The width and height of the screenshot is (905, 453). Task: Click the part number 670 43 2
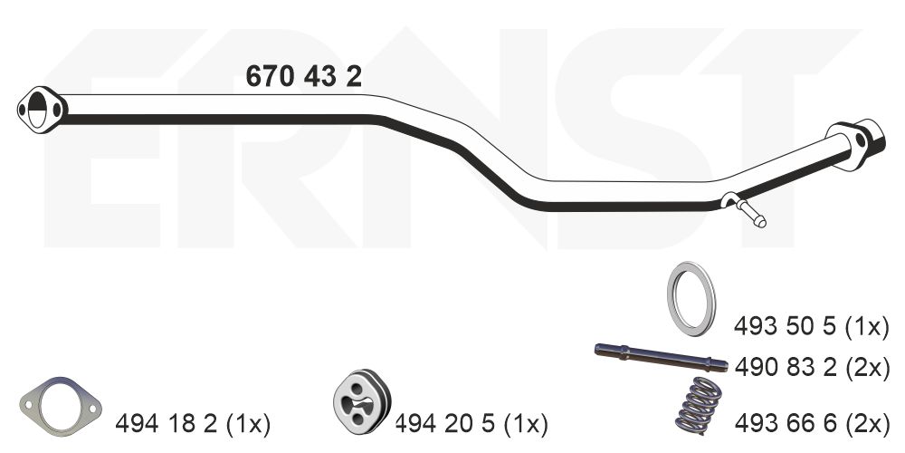click(303, 76)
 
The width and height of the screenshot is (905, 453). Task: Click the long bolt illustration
click(661, 356)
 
